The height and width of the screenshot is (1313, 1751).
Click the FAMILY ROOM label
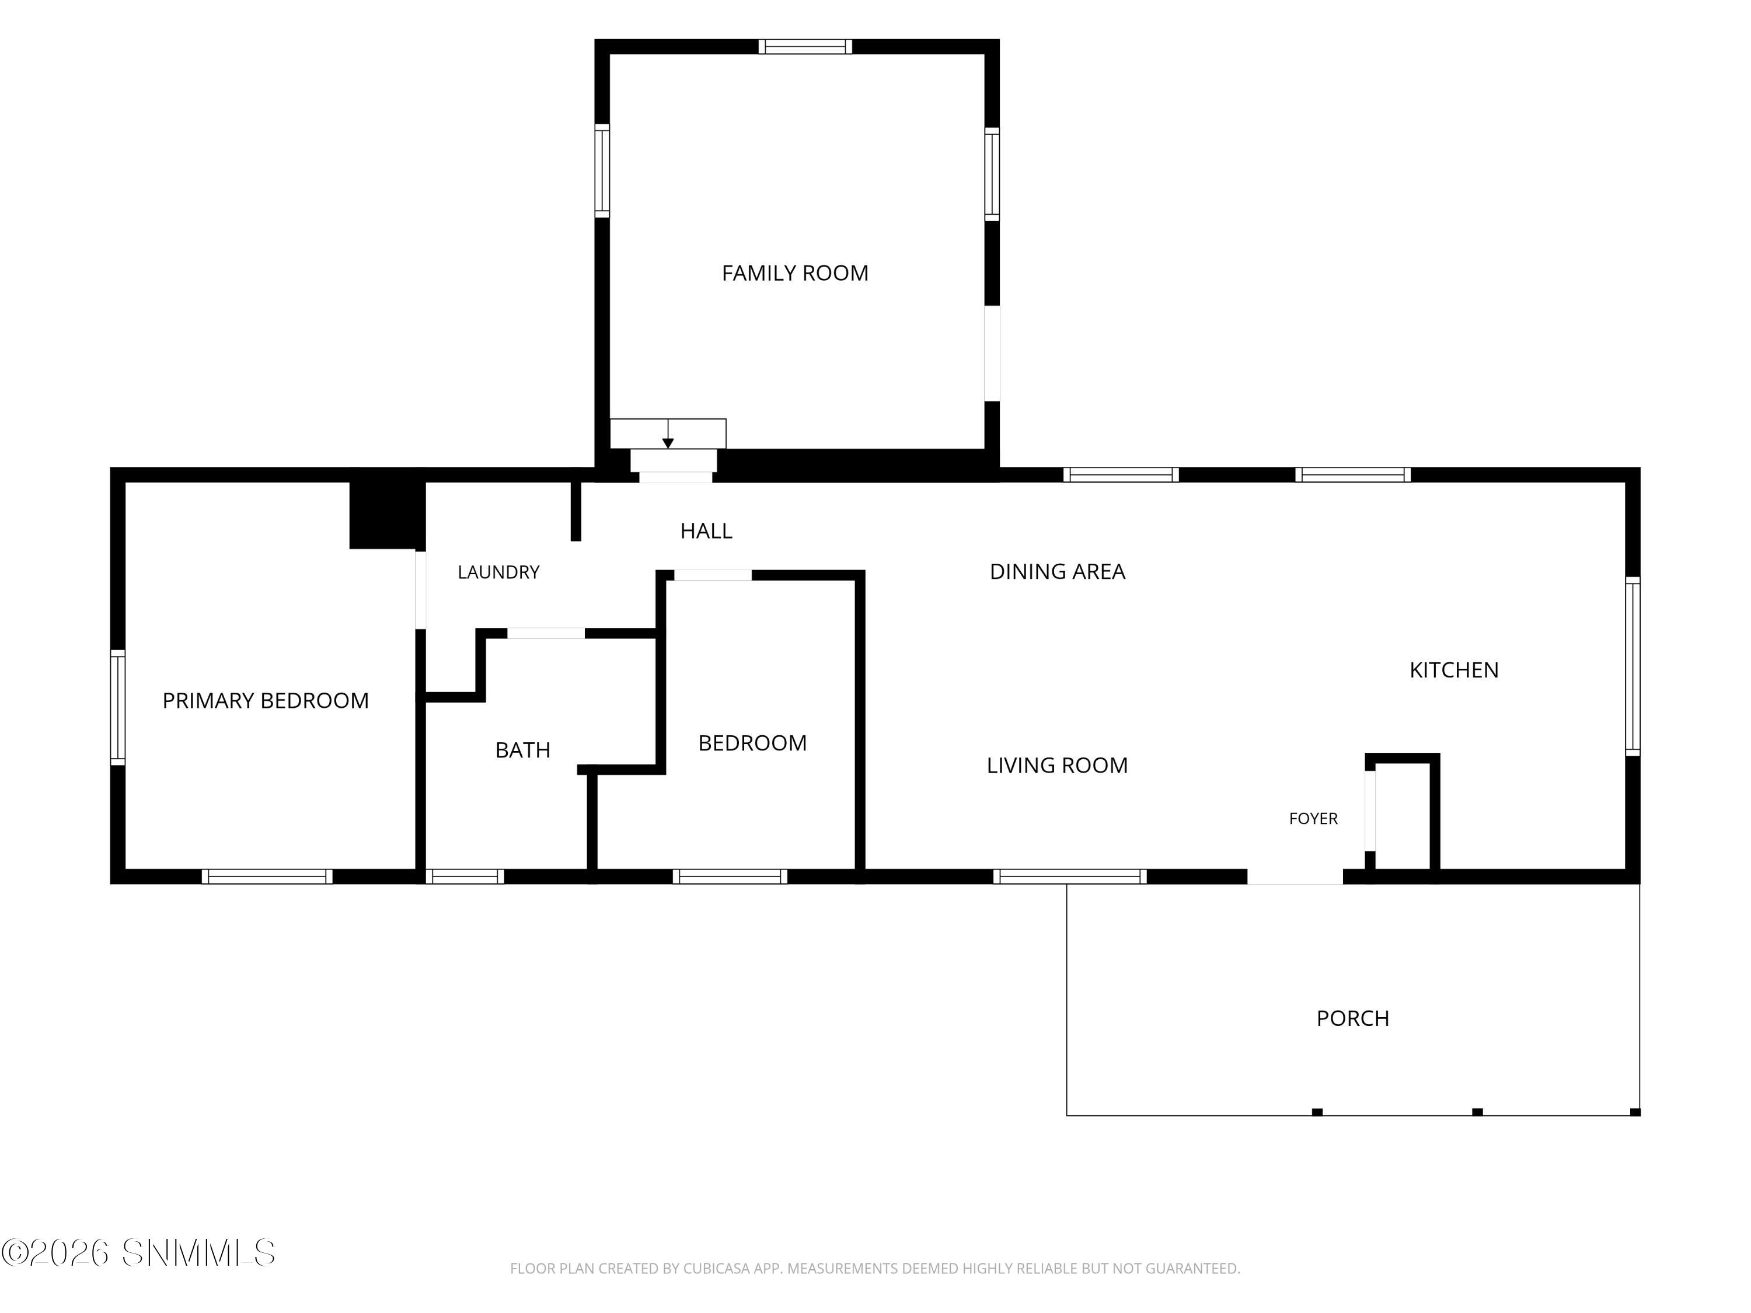(x=795, y=273)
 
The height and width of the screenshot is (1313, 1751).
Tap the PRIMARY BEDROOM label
(x=265, y=700)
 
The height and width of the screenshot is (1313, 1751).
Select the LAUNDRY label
(x=498, y=572)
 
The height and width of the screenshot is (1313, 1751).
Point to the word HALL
(x=706, y=531)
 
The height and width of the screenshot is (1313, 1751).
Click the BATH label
(x=522, y=750)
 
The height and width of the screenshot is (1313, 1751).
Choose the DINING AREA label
(x=1058, y=571)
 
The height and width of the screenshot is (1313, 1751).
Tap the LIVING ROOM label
(x=1057, y=765)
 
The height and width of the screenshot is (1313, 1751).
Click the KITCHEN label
(x=1454, y=671)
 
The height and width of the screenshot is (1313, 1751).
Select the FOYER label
(x=1313, y=818)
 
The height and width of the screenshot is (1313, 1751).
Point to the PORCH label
(x=1353, y=1018)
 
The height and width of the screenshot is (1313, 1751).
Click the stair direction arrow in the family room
(x=668, y=434)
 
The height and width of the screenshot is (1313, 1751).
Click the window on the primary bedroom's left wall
(x=118, y=707)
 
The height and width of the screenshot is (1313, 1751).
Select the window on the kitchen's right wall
(x=1633, y=666)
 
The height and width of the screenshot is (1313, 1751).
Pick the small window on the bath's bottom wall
(x=465, y=876)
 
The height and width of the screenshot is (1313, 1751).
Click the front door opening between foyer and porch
(x=1295, y=876)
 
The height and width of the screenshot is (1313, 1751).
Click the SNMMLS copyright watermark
(x=138, y=1253)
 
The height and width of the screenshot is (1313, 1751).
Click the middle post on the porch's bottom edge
(x=1477, y=1112)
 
